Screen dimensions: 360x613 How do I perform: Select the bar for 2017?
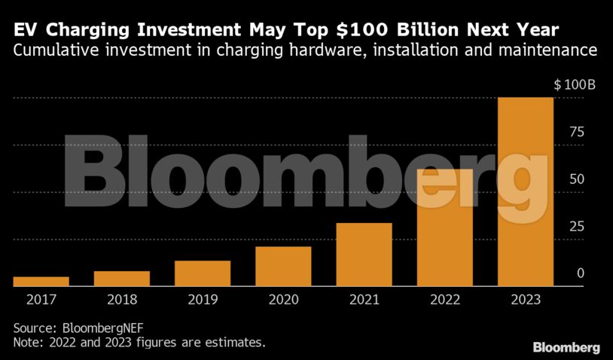click(41, 282)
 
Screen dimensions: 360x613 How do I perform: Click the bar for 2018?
click(121, 279)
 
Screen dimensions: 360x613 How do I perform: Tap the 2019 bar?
click(202, 273)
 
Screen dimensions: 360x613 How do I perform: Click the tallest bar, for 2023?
click(526, 192)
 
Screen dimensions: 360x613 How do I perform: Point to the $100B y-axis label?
click(575, 84)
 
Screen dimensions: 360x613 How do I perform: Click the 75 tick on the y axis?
click(577, 132)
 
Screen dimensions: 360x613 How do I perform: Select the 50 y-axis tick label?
click(577, 179)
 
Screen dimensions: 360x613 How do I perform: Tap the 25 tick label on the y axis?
click(577, 227)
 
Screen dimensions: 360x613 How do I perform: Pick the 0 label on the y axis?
click(581, 273)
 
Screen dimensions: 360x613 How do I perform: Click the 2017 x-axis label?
click(41, 300)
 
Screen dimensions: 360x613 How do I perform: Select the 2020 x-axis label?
click(283, 300)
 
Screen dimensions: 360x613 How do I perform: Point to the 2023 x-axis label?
click(526, 300)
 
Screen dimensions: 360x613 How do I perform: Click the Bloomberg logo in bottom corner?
click(566, 347)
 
